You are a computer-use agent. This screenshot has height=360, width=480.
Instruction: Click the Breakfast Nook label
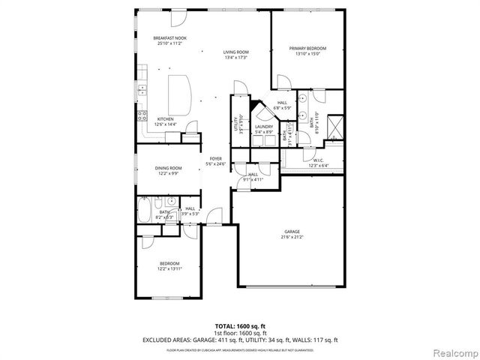[x=170, y=38]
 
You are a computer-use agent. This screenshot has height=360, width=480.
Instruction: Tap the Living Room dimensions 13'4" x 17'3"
[x=235, y=58]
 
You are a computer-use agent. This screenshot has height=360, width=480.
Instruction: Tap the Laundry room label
[x=263, y=126]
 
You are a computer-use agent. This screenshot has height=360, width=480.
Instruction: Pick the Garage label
[x=292, y=231]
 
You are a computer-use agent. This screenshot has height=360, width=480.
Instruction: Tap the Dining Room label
[x=169, y=168]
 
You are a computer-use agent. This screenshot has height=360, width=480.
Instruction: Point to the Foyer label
[x=216, y=158]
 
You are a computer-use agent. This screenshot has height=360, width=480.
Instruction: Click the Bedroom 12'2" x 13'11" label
[x=169, y=263]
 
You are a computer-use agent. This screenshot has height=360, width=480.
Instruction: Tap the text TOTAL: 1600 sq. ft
[x=240, y=326]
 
